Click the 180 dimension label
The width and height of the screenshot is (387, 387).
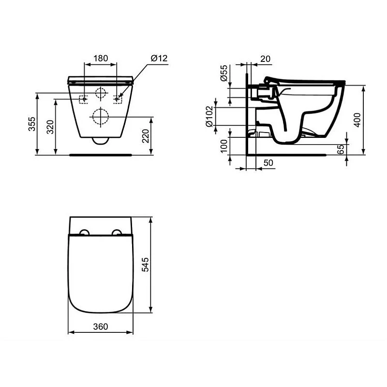100,58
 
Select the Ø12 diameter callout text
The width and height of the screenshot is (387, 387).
159,58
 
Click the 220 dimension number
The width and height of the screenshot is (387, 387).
145,136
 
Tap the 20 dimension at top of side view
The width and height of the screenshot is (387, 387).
265,59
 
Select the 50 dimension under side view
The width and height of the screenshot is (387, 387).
269,163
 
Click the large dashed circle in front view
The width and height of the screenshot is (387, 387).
100,116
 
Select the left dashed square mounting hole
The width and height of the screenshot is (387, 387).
84,99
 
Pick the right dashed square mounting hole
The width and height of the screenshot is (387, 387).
117,99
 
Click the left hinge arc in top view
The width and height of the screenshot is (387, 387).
84,233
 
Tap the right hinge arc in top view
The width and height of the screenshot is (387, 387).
117,233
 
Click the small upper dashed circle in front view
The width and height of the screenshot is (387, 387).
100,93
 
